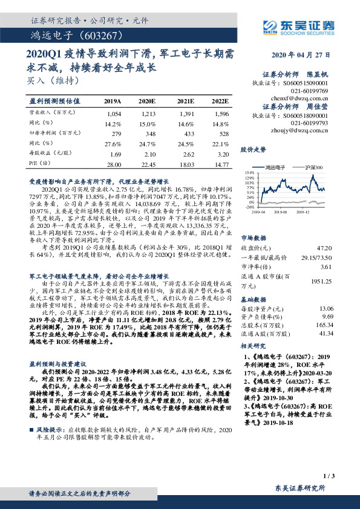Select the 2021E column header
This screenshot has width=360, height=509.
click(185, 101)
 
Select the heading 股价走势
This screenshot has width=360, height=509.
click(254, 149)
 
